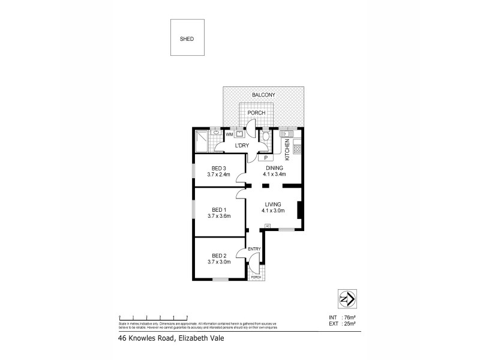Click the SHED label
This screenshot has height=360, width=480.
[x=187, y=39]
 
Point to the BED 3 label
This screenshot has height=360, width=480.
[x=219, y=168]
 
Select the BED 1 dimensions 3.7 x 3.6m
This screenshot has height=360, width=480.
[x=219, y=216]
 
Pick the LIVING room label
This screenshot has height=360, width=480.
[x=273, y=205]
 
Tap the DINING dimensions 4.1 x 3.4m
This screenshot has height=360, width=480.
[x=273, y=174]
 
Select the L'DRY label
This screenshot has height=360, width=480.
[x=242, y=146]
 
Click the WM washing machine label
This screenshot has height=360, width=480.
[x=230, y=135]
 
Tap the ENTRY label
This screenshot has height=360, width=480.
[x=255, y=249]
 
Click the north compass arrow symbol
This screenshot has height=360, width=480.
[x=345, y=299]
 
